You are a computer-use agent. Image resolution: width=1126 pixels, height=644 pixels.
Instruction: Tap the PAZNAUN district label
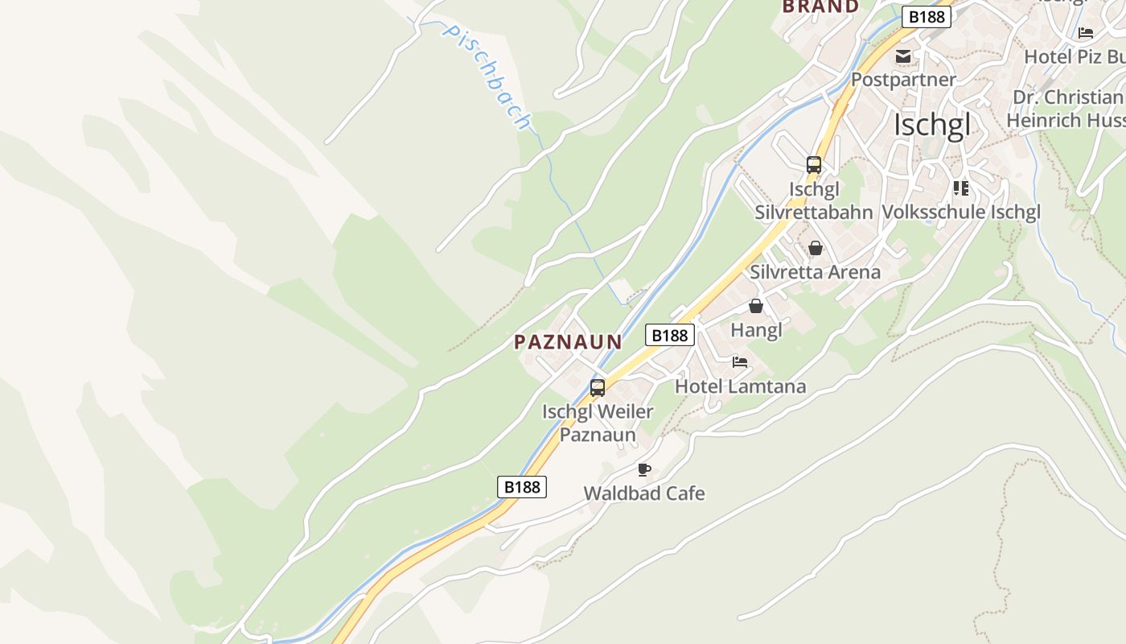(568, 342)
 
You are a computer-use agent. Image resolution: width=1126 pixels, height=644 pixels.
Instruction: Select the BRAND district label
(820, 6)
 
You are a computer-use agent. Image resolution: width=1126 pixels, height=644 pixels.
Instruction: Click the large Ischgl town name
(932, 126)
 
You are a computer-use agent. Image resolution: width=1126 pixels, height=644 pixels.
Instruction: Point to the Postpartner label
(903, 80)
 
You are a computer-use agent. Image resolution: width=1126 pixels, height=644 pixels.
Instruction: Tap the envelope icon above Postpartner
(903, 56)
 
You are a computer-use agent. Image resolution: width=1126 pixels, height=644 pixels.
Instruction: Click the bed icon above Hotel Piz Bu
(1086, 33)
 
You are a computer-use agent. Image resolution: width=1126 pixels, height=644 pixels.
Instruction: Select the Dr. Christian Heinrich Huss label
(1065, 109)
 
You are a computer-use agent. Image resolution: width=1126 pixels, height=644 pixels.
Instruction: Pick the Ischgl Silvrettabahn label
(813, 200)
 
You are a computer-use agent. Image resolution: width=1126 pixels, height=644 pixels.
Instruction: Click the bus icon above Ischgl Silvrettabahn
(814, 165)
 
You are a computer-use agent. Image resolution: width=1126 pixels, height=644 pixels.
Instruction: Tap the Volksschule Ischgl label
(961, 212)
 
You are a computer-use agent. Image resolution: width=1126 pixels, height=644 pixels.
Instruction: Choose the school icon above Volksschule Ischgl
(960, 188)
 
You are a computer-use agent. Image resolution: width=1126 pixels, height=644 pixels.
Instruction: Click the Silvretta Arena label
(815, 272)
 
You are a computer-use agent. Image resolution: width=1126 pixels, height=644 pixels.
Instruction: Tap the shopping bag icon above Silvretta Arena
(816, 248)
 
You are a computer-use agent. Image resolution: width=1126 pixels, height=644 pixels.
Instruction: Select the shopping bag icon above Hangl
(756, 306)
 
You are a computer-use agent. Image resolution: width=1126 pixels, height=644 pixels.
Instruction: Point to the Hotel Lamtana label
(740, 386)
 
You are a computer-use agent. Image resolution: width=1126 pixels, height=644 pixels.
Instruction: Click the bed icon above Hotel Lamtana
(740, 362)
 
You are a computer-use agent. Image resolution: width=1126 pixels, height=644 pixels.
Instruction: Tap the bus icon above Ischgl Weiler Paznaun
(598, 388)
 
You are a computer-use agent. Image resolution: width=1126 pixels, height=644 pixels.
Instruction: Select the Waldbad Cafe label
(644, 493)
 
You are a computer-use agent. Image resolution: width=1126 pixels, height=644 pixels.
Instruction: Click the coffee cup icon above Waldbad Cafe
(643, 469)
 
